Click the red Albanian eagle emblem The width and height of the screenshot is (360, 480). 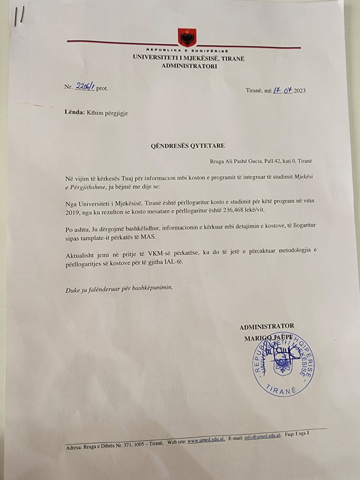click(187, 37)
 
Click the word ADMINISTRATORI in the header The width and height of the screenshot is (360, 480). click(189, 66)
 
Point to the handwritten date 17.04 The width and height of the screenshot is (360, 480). click(282, 90)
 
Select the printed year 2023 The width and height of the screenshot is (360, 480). click(300, 91)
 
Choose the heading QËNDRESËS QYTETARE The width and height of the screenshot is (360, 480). click(187, 146)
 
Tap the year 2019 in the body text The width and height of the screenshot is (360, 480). click(72, 212)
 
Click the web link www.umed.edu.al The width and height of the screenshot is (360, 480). click(206, 440)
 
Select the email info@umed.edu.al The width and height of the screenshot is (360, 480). click(263, 437)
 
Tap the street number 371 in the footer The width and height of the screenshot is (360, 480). click(128, 445)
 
